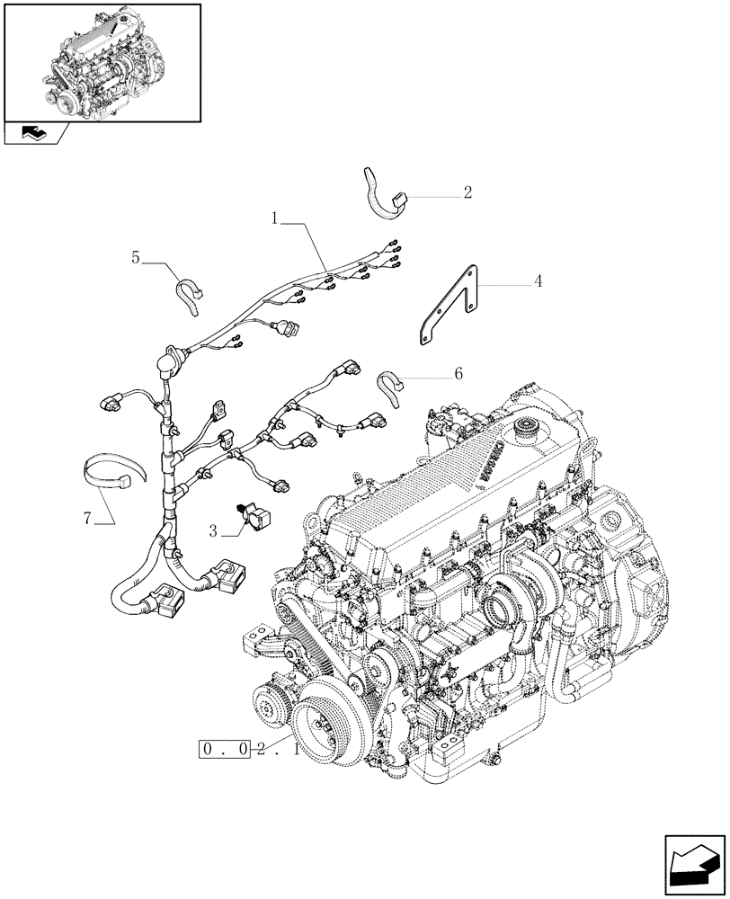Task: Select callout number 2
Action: point(467,192)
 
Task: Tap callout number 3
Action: point(214,531)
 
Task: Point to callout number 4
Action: point(538,282)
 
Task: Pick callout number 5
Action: point(136,258)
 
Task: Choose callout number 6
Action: point(458,373)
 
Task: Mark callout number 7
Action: point(88,517)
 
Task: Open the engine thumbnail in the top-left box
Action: point(102,61)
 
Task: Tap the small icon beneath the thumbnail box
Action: point(36,135)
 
